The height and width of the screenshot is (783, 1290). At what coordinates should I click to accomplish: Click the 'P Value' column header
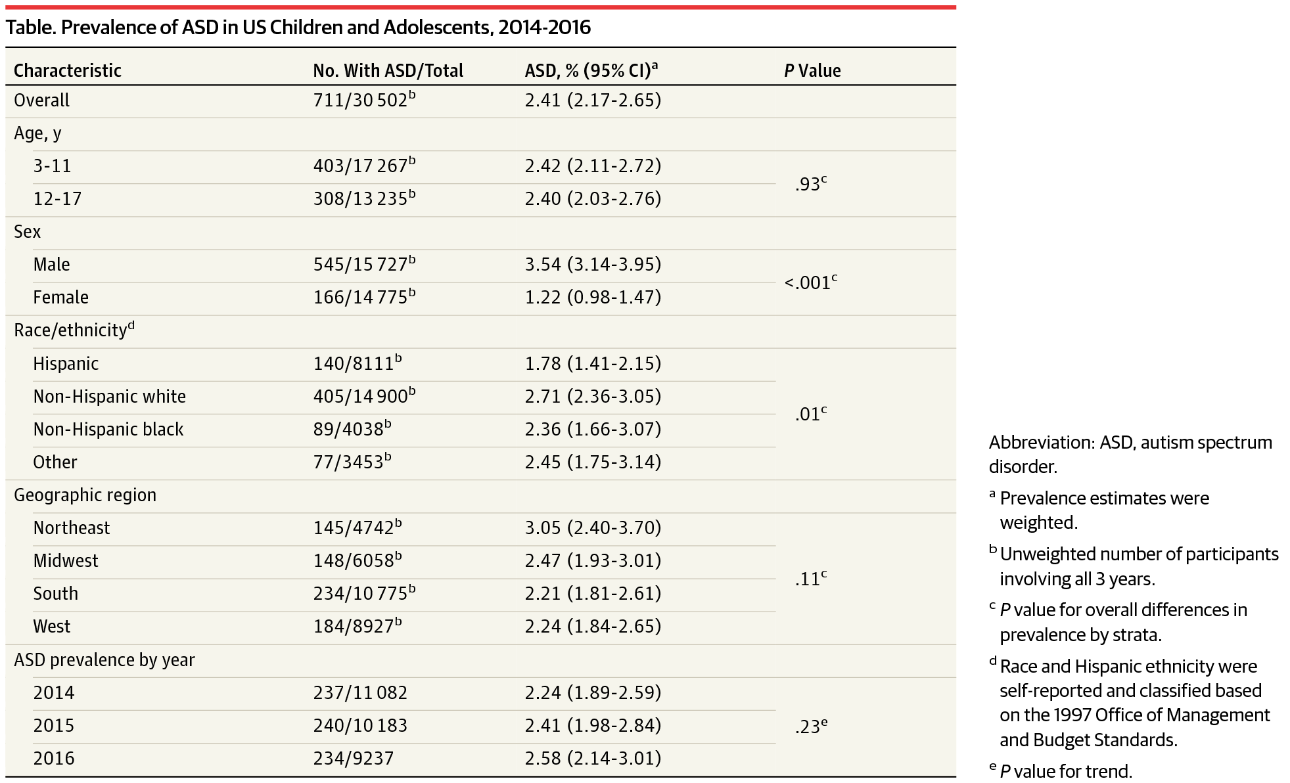coord(812,70)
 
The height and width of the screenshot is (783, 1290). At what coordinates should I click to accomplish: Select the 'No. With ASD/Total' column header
coord(388,70)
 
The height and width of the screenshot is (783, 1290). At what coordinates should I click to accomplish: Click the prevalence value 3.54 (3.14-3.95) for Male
coord(593,264)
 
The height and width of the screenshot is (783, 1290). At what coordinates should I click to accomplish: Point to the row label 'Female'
coord(60,298)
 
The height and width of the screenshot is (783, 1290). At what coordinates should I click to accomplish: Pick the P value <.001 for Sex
coord(809,283)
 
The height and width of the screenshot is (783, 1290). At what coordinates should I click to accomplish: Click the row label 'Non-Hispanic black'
coord(108,430)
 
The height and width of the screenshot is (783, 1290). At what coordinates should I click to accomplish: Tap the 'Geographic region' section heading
coord(85,495)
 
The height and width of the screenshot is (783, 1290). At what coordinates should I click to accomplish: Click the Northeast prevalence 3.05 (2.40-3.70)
coord(593,527)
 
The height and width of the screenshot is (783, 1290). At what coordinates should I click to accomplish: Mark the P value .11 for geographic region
coord(809,579)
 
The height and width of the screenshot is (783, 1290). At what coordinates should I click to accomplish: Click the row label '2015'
coord(54,725)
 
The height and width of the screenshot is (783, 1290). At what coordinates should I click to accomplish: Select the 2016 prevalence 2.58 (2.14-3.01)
coord(593,758)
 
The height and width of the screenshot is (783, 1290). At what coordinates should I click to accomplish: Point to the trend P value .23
coord(809,727)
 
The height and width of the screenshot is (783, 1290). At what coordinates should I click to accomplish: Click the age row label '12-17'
coord(57,199)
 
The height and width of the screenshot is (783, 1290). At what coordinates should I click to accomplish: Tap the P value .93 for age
coord(809,185)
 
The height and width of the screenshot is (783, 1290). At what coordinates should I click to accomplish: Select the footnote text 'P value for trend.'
coord(1065,771)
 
